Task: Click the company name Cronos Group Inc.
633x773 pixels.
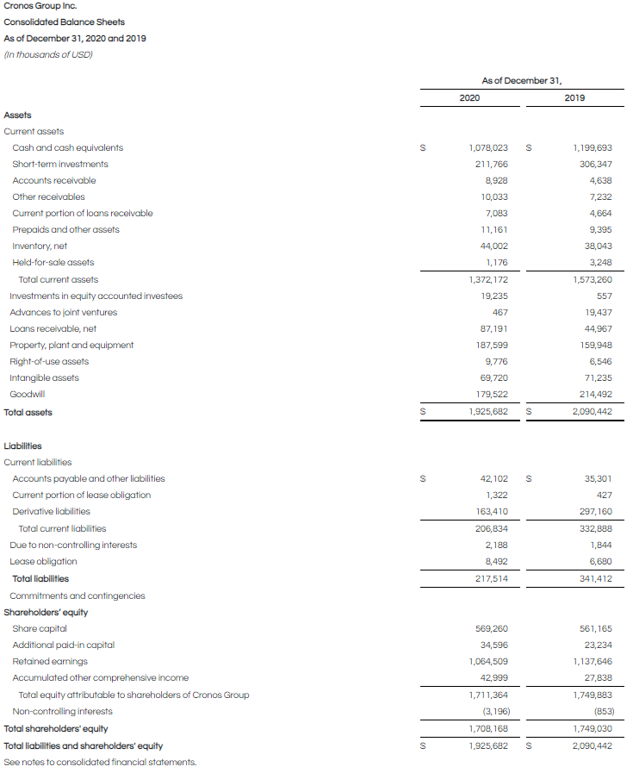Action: (x=40, y=6)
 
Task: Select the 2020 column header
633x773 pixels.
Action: (x=469, y=98)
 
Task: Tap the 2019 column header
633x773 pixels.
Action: (x=574, y=98)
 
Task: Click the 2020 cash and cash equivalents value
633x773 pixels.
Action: (x=487, y=148)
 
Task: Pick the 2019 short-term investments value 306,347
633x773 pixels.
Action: (x=593, y=165)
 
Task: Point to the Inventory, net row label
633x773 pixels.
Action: (x=40, y=246)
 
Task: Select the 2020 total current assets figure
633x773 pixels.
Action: (x=487, y=280)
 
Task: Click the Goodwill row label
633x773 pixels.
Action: (x=28, y=395)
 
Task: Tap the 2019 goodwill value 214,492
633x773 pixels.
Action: (x=593, y=395)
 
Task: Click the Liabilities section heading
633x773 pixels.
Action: (x=22, y=446)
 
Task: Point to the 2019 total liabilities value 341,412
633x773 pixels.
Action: (x=593, y=579)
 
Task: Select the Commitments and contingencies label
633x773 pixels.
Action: (x=78, y=596)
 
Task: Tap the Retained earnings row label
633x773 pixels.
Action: (x=50, y=662)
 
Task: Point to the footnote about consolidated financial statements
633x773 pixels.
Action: (x=100, y=763)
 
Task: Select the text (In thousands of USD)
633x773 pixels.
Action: (x=48, y=55)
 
